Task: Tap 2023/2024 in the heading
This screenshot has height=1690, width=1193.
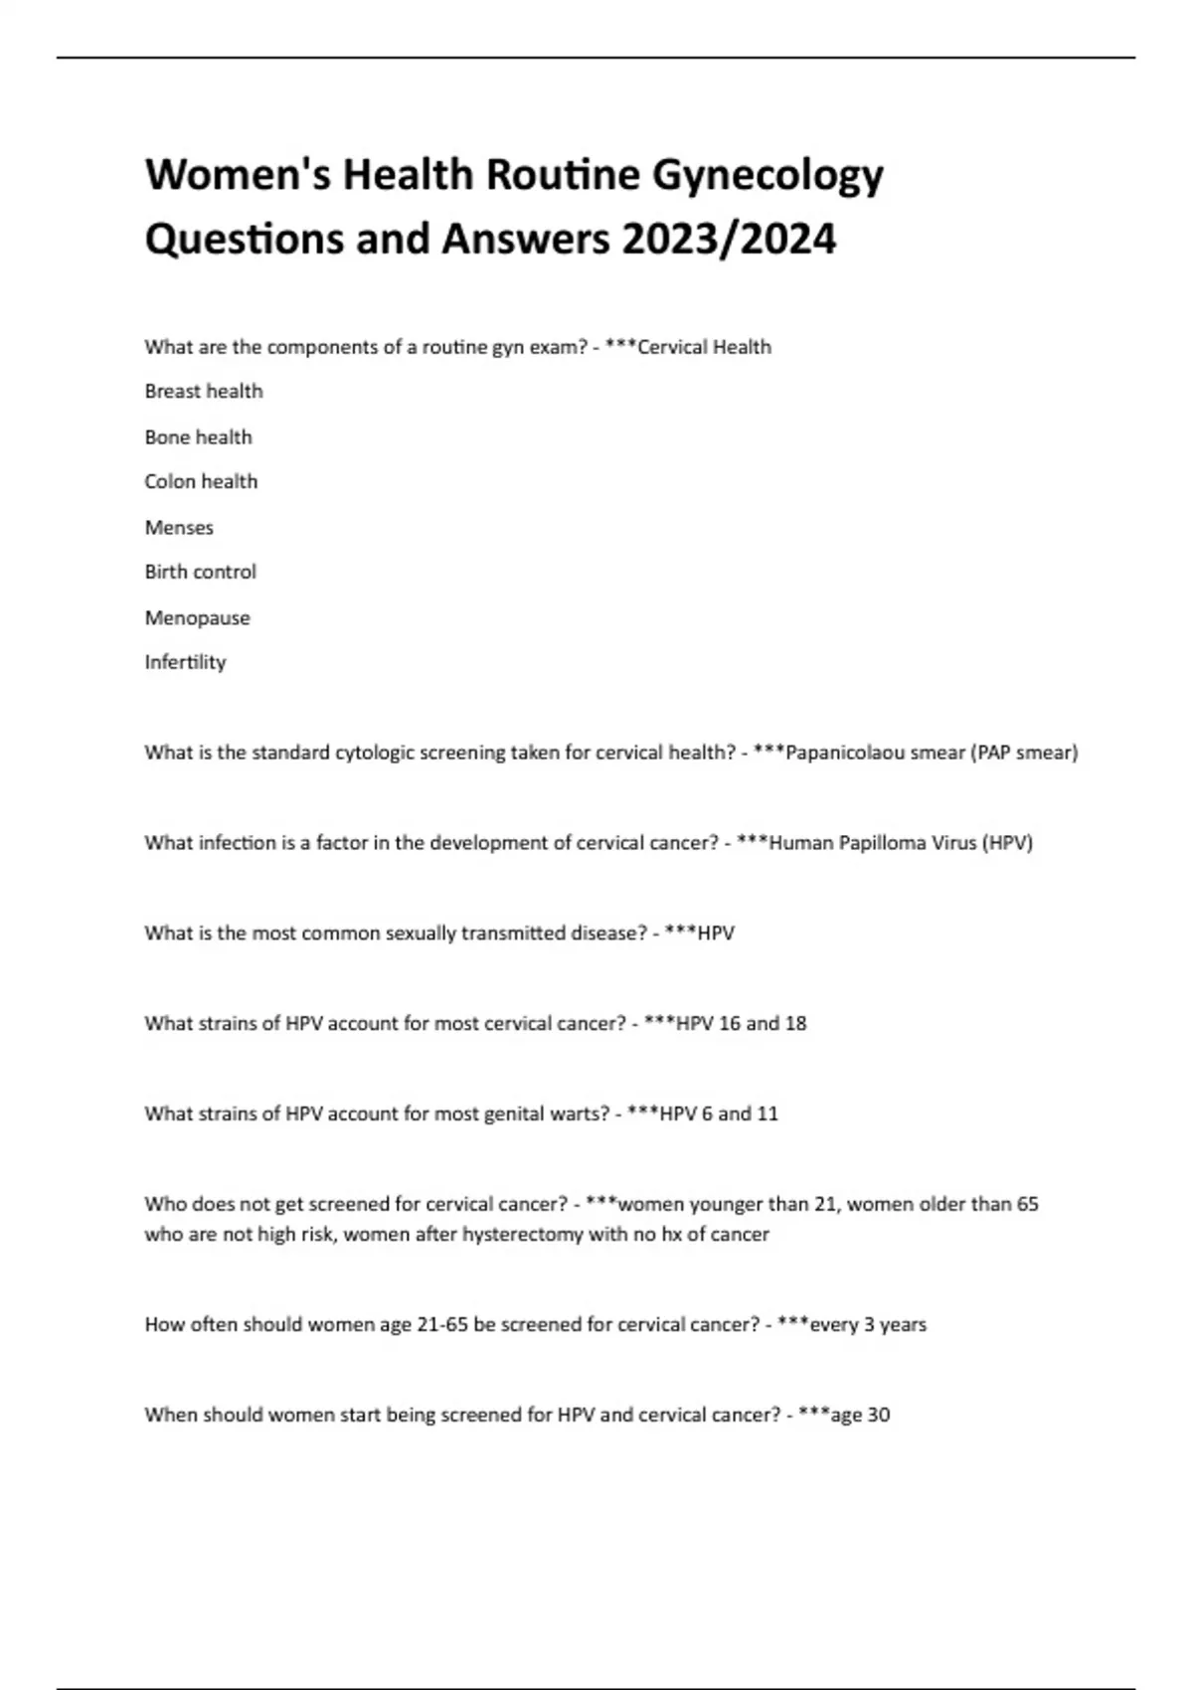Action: [729, 240]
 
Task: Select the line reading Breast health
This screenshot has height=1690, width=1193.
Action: [204, 392]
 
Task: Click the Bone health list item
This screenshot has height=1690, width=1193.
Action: [198, 437]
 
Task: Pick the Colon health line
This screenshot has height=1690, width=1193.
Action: [201, 482]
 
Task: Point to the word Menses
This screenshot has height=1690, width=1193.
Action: [179, 528]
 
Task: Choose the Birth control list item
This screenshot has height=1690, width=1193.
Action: [200, 573]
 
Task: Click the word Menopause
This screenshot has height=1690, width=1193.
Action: [197, 618]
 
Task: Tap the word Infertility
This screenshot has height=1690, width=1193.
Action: [185, 663]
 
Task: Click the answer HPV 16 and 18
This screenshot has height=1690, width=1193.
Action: [742, 1024]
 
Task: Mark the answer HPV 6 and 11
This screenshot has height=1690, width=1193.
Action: [719, 1114]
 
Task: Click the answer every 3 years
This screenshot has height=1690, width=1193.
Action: [868, 1325]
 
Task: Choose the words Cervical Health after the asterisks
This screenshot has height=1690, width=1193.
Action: [704, 347]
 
